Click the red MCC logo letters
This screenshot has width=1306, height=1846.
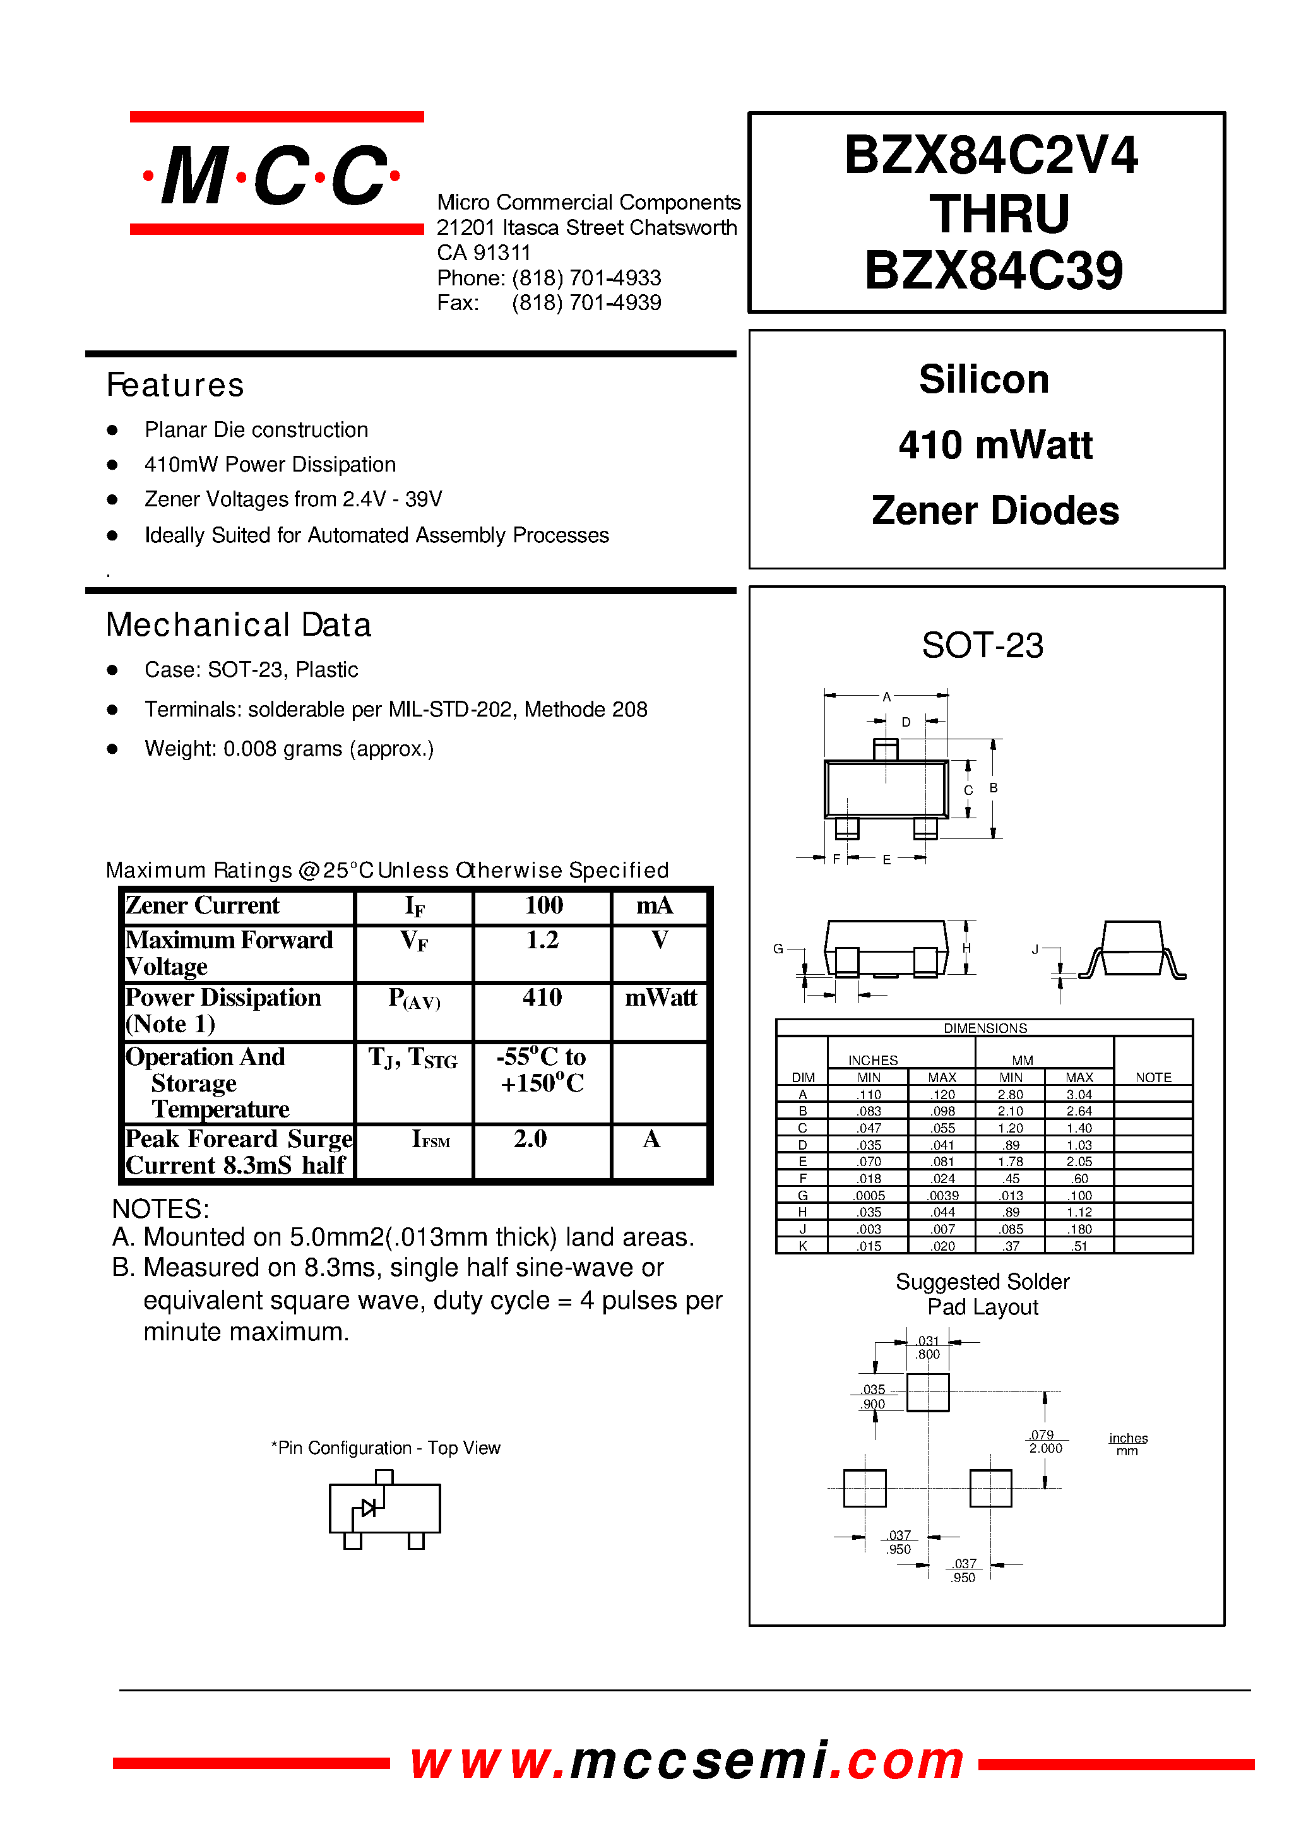click(272, 176)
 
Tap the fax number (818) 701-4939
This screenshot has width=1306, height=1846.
click(586, 303)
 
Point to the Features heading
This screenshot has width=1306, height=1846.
click(175, 385)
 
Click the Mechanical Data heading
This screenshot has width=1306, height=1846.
click(239, 625)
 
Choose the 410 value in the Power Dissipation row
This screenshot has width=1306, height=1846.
click(542, 997)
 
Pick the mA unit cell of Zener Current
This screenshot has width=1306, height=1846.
click(655, 906)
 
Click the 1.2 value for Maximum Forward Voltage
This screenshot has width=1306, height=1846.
click(542, 939)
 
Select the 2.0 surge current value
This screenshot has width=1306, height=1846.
click(531, 1138)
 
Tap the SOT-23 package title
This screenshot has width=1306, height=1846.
click(982, 645)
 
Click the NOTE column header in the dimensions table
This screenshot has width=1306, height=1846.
click(1153, 1077)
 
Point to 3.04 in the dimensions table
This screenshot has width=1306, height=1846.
click(1079, 1095)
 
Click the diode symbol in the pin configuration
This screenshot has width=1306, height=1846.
click(369, 1508)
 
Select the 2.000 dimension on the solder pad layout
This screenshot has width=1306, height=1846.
click(1045, 1448)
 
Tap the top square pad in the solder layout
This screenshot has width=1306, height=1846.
click(927, 1392)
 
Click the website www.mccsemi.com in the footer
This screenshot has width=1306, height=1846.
click(687, 1760)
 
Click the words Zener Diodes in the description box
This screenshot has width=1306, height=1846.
click(995, 511)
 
